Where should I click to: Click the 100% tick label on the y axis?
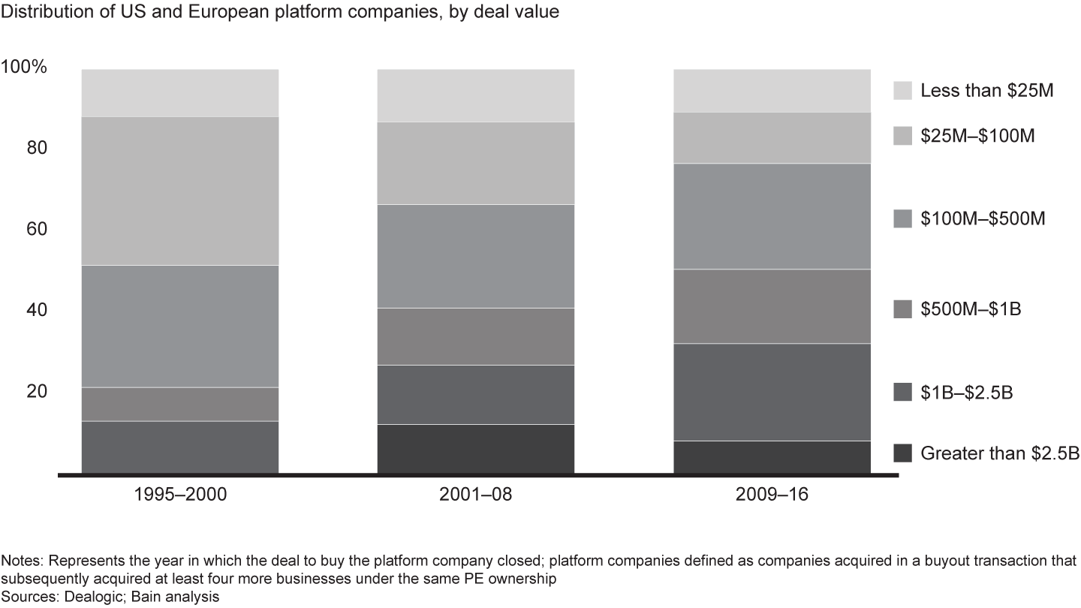coord(25,68)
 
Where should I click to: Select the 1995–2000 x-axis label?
coord(180,496)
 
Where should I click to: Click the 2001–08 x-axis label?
coord(475,496)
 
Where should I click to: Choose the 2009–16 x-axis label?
coord(772,496)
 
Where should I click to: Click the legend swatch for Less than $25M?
coord(903,91)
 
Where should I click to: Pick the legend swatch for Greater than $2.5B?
coord(903,453)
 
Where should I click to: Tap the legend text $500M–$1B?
coord(970,309)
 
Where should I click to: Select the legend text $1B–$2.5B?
coord(967,393)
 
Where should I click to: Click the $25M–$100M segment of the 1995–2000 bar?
coord(180,191)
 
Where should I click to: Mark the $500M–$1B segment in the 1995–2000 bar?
coord(180,404)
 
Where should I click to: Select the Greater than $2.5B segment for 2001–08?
coord(475,449)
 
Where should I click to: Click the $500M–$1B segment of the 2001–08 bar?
coord(475,336)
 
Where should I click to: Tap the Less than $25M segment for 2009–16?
coord(772,90)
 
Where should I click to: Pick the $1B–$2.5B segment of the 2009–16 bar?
coord(772,392)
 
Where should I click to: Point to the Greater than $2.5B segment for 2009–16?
coord(772,457)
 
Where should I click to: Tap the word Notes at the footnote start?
coord(21,561)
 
